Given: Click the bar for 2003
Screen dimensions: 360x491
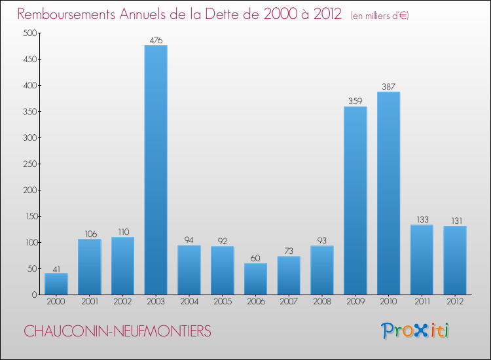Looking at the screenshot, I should click(156, 170).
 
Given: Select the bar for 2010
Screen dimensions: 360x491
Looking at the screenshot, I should click(388, 193).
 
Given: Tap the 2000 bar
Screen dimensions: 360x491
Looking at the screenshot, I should click(56, 283).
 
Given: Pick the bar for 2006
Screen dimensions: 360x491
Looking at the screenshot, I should click(255, 279).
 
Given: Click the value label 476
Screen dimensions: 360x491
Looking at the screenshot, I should click(156, 41).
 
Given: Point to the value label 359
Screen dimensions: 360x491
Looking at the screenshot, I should click(355, 101).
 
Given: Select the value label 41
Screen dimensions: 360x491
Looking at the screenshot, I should click(56, 268).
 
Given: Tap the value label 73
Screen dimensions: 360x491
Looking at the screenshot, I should click(289, 251).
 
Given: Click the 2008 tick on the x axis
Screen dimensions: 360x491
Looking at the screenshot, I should click(322, 302).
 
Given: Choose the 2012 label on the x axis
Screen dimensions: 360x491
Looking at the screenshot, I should click(455, 302).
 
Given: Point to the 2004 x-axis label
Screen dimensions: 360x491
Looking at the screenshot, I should click(189, 302).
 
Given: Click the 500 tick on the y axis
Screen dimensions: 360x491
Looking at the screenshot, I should click(29, 33).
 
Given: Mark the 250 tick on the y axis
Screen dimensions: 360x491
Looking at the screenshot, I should click(29, 164).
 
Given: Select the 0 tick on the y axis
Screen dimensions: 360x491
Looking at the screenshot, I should click(33, 295).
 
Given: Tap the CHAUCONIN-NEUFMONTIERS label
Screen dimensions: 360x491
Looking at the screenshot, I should click(118, 332).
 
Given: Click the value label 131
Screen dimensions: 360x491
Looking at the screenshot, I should click(455, 221).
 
